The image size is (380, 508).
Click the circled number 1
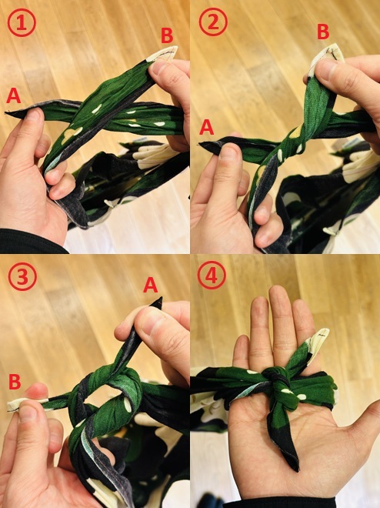22,22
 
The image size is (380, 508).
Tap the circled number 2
213,22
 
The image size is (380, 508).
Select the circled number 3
22,276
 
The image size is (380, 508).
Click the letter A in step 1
14,96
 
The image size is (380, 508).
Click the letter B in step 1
167,35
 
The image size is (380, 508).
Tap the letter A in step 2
206,127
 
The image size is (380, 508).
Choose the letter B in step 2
323,32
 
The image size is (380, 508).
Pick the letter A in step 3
150,285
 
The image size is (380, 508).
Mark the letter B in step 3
15,382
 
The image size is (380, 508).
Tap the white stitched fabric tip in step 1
163,53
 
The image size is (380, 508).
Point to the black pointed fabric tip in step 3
157,303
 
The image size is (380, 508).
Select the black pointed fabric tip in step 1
15,112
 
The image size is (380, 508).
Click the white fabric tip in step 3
20,405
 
